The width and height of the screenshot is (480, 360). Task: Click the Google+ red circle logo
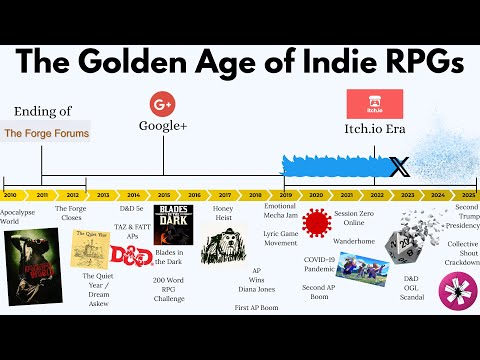pyautogui.click(x=163, y=103)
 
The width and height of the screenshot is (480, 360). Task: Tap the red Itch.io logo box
pyautogui.click(x=374, y=103)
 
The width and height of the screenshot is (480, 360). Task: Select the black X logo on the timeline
pyautogui.click(x=399, y=167)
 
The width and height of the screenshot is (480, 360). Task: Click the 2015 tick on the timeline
pyautogui.click(x=164, y=194)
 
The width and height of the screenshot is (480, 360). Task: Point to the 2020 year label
pyautogui.click(x=317, y=194)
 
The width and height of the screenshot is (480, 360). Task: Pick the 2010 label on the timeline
pyautogui.click(x=11, y=194)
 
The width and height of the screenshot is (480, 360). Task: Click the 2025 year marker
pyautogui.click(x=469, y=194)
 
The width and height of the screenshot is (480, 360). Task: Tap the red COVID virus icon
pyautogui.click(x=317, y=224)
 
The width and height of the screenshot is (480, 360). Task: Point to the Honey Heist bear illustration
pyautogui.click(x=223, y=245)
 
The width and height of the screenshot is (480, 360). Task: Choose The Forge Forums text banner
pyautogui.click(x=46, y=132)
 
